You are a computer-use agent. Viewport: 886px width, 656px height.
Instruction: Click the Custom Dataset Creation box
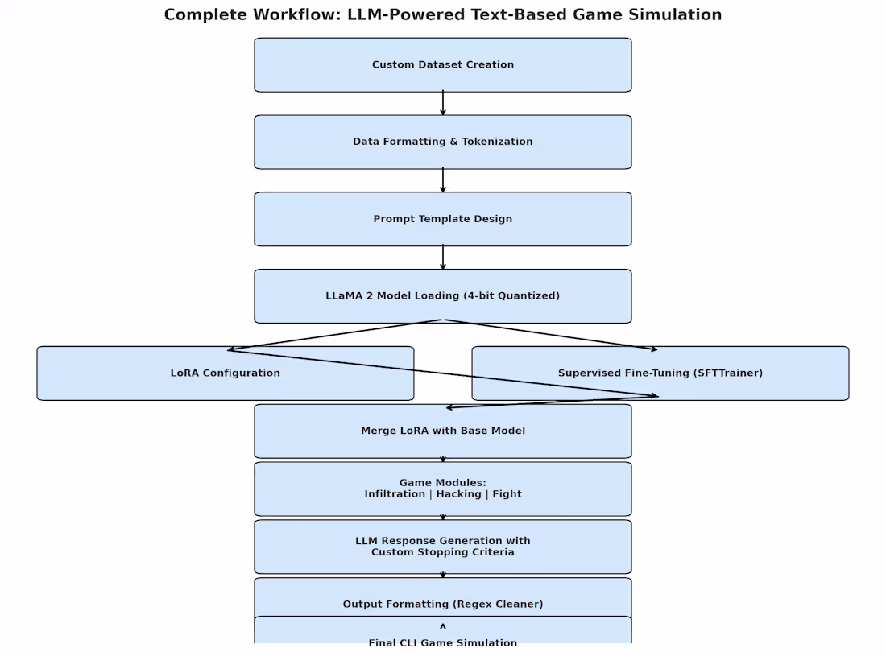click(442, 64)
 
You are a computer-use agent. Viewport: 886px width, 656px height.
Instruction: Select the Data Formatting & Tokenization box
click(442, 142)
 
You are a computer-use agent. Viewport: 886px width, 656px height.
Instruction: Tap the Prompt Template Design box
click(442, 219)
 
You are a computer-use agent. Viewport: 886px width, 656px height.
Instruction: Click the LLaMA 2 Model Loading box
click(442, 296)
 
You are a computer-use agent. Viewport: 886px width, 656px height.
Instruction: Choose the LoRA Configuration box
click(225, 373)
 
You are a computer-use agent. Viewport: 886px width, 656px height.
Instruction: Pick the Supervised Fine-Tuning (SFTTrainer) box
click(660, 373)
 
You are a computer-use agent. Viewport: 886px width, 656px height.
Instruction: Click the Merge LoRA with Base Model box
click(442, 431)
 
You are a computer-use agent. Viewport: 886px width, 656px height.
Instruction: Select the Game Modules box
click(442, 489)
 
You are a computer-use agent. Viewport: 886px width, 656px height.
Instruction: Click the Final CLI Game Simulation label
click(442, 642)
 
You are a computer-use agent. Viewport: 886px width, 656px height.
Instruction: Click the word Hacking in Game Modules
click(458, 494)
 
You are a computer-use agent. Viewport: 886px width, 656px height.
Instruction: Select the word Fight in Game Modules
click(507, 494)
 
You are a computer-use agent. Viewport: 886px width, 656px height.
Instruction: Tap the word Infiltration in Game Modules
click(393, 494)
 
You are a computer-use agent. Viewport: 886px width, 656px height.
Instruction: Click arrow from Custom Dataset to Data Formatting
click(442, 103)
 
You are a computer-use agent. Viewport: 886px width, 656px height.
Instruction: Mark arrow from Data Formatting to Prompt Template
click(442, 180)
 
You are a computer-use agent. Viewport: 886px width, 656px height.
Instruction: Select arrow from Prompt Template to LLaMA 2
click(442, 258)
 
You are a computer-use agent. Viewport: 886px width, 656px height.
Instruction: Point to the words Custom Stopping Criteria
click(442, 552)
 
